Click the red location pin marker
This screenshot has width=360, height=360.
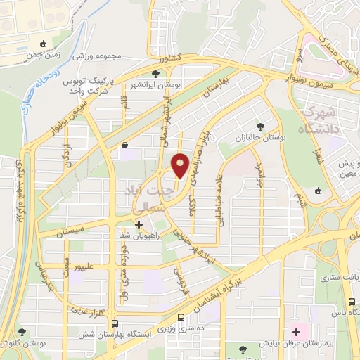pos(180,165)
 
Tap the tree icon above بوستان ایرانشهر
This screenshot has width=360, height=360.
pos(155,73)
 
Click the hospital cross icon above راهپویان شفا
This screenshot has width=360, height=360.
pos(139,226)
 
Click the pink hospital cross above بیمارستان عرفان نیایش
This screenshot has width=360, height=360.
pos(295,331)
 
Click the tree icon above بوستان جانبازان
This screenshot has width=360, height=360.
pos(261,127)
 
